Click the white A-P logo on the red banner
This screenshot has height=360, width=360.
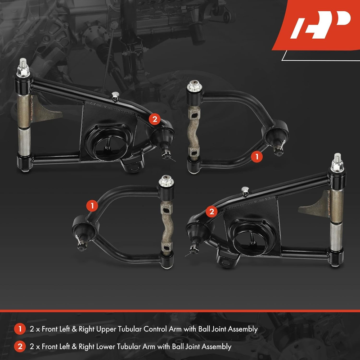click(320, 25)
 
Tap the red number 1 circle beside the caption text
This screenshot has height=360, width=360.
click(20, 329)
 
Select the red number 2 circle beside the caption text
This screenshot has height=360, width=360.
click(20, 346)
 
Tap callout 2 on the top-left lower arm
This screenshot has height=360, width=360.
click(154, 119)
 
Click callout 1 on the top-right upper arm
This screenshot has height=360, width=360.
click(256, 157)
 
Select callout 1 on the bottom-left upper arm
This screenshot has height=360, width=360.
click(92, 206)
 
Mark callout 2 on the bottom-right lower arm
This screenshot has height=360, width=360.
click(211, 211)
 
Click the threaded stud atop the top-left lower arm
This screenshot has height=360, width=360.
click(23, 63)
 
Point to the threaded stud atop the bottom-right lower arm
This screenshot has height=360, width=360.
click(337, 158)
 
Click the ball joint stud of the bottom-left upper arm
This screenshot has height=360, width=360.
click(82, 243)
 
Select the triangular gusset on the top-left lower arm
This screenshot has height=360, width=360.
click(45, 110)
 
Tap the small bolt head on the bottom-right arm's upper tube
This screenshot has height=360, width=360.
click(245, 191)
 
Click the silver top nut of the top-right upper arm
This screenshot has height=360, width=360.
click(194, 86)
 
